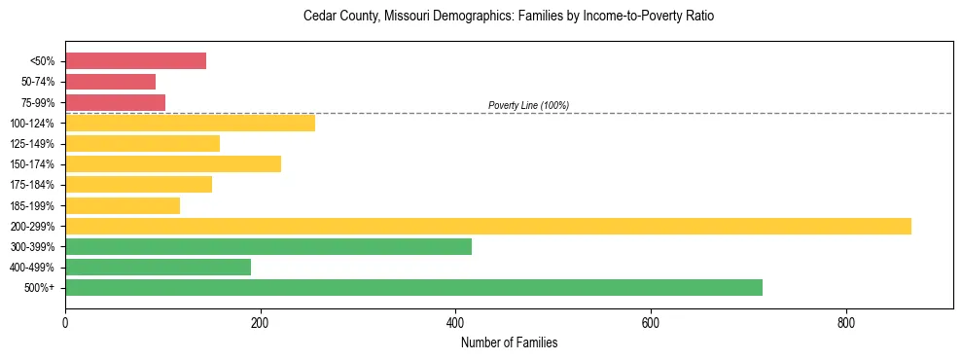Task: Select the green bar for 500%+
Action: (x=413, y=287)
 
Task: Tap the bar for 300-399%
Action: (x=268, y=246)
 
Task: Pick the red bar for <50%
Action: (x=135, y=61)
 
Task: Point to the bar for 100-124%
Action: (x=190, y=123)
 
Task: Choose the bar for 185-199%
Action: (x=123, y=205)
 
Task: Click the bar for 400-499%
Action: (x=158, y=267)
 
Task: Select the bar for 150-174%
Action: (x=173, y=163)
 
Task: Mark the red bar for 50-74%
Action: (x=110, y=82)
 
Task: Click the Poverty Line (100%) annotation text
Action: (x=528, y=105)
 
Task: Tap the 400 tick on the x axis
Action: (x=455, y=322)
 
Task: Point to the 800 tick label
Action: (x=845, y=322)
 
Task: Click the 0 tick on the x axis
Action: (x=65, y=322)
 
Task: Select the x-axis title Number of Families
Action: (x=509, y=342)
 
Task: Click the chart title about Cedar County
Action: (x=509, y=17)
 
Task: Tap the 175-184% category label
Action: (x=34, y=185)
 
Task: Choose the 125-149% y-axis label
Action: (x=34, y=144)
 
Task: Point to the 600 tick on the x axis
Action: (x=651, y=322)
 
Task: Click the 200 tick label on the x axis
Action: (x=260, y=322)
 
